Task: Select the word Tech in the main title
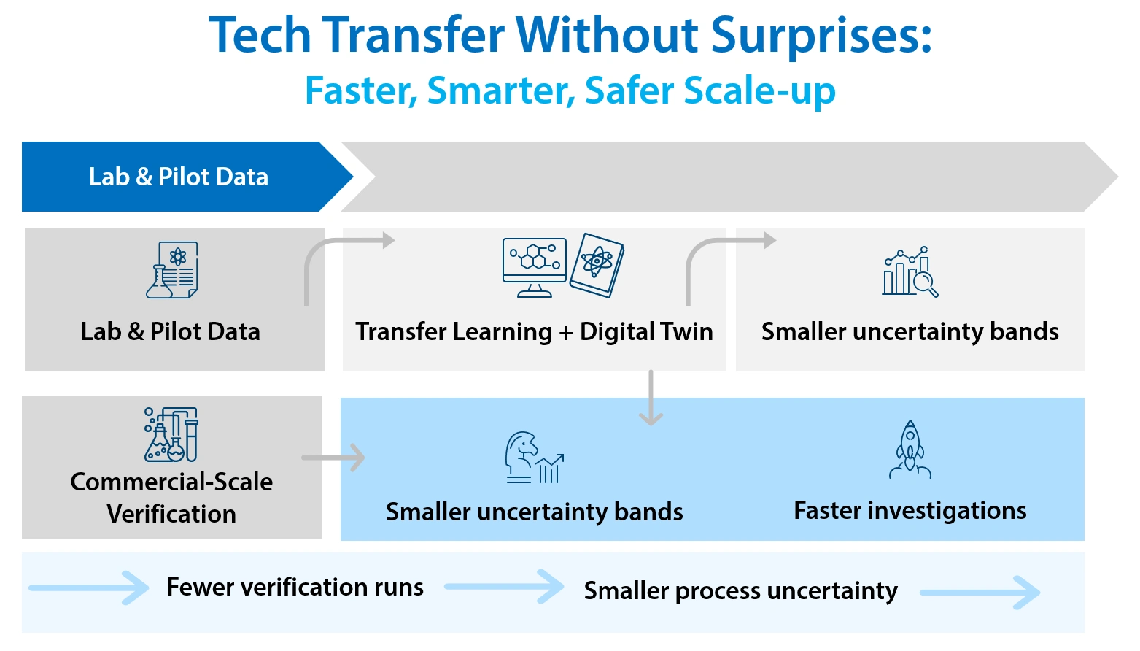260,35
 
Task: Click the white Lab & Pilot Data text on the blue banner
179,177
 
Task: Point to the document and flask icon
173,270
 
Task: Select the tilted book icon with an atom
597,265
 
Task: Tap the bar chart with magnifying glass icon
910,271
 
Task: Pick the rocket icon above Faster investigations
910,449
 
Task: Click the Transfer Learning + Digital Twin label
534,331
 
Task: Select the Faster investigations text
910,510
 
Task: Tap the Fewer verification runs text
295,587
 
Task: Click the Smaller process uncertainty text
740,590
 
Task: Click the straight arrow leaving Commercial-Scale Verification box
334,458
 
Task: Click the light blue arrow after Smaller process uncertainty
980,593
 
